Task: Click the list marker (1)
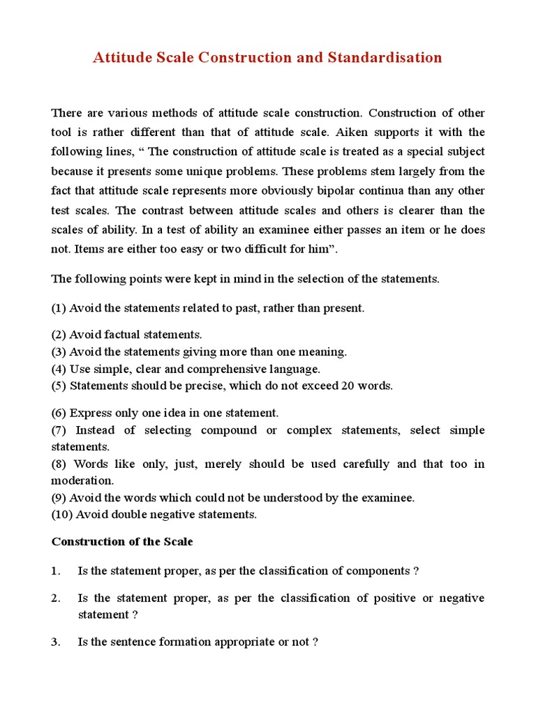tap(59, 308)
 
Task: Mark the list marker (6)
tap(59, 413)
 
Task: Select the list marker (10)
tap(61, 515)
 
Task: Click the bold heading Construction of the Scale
tap(122, 542)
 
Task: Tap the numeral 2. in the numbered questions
tap(56, 598)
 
